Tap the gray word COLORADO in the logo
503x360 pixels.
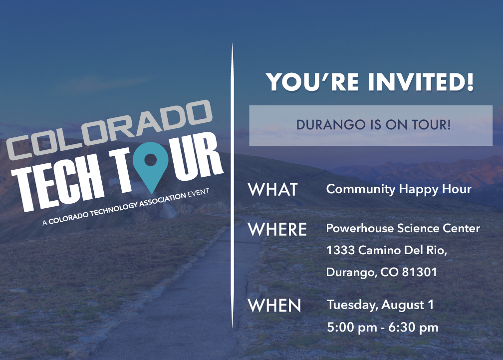(109, 129)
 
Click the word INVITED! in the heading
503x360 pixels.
(421, 82)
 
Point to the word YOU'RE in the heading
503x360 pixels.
(312, 82)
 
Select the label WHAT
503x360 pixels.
(273, 189)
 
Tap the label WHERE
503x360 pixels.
(277, 229)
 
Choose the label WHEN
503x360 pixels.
(274, 305)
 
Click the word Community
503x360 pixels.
(361, 189)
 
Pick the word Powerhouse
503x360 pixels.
(360, 228)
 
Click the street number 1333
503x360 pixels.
(340, 250)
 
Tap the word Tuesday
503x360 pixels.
(352, 305)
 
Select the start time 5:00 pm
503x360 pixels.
(352, 328)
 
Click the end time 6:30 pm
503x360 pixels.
(413, 328)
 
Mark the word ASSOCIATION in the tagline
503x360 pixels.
(162, 200)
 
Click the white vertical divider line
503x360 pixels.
(232, 186)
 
